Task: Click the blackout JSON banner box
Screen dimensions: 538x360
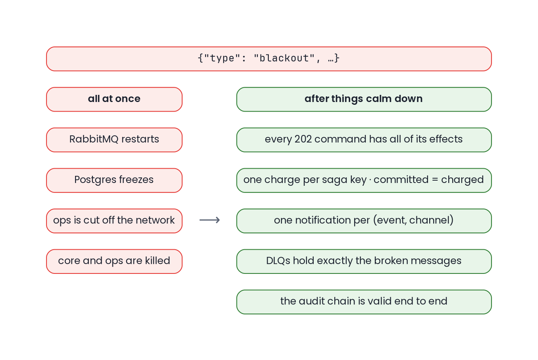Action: pyautogui.click(x=269, y=59)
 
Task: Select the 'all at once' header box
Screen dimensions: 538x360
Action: pyautogui.click(x=114, y=99)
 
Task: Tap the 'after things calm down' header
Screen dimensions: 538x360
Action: pyautogui.click(x=364, y=99)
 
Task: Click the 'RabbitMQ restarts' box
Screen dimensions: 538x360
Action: pyautogui.click(x=114, y=140)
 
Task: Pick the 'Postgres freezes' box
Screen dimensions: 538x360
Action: pyautogui.click(x=114, y=180)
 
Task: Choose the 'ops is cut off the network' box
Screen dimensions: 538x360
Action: pyautogui.click(x=114, y=221)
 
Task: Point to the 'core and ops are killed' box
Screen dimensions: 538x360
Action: pyautogui.click(x=114, y=261)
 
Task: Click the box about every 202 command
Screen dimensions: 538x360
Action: pyautogui.click(x=364, y=140)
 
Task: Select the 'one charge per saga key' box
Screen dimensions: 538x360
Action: pyautogui.click(x=364, y=180)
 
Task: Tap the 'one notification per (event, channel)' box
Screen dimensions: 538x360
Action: pyautogui.click(x=364, y=221)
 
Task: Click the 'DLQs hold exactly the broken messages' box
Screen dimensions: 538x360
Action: pyautogui.click(x=364, y=261)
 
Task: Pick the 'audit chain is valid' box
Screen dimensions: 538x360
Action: pyautogui.click(x=364, y=302)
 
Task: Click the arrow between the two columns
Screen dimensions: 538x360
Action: pyautogui.click(x=210, y=220)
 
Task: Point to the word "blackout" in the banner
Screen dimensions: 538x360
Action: pyautogui.click(x=284, y=58)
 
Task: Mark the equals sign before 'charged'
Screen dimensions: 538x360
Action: pyautogui.click(x=435, y=180)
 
